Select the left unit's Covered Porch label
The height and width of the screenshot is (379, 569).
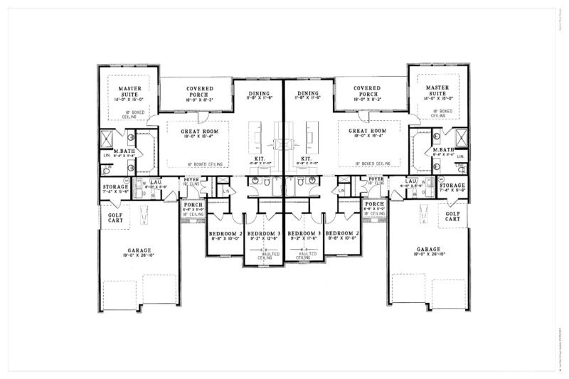pyautogui.click(x=195, y=92)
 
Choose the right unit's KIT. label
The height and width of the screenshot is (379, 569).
pyautogui.click(x=307, y=159)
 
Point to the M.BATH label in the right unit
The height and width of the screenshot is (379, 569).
pyautogui.click(x=445, y=150)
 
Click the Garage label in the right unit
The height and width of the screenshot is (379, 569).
pyautogui.click(x=429, y=250)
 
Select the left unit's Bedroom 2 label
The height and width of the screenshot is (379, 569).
pyautogui.click(x=225, y=233)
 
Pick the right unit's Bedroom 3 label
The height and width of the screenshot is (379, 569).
pyautogui.click(x=304, y=233)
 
